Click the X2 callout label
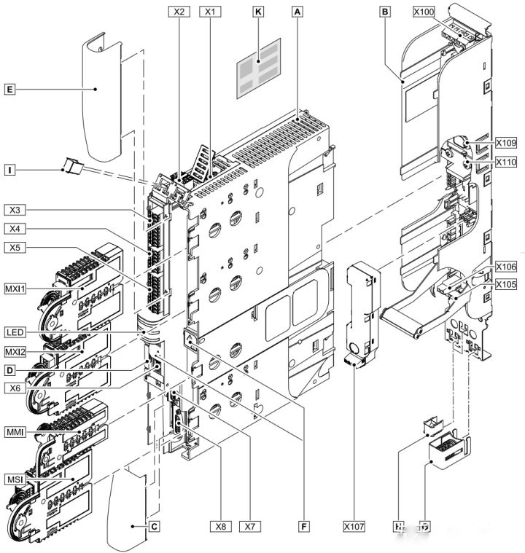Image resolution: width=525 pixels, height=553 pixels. click(x=178, y=12)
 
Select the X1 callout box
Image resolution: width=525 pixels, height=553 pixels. click(x=211, y=12)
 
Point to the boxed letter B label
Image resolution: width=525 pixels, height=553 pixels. click(x=385, y=12)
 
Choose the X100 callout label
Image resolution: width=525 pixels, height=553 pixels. click(x=425, y=12)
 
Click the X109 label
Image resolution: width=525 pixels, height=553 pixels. click(x=505, y=143)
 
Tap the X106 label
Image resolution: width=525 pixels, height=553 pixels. click(x=505, y=267)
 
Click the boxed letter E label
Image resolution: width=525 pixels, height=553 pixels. click(x=9, y=90)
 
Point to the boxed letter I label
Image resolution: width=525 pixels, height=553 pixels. click(x=9, y=170)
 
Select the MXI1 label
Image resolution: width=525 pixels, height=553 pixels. click(x=15, y=289)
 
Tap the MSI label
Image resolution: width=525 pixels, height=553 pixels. click(x=14, y=479)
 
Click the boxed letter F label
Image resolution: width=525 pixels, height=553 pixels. click(x=303, y=524)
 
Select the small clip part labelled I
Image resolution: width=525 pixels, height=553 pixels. click(x=71, y=166)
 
